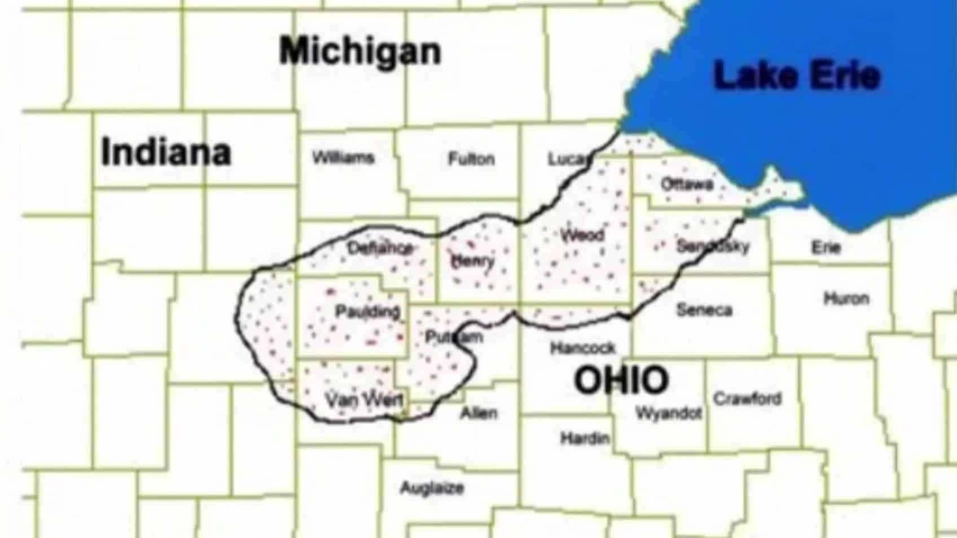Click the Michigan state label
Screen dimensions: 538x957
pyautogui.click(x=360, y=51)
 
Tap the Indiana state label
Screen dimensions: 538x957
pyautogui.click(x=166, y=152)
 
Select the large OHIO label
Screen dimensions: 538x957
pyautogui.click(x=621, y=380)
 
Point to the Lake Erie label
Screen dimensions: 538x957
pyautogui.click(x=797, y=76)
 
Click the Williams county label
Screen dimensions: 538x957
pyautogui.click(x=343, y=157)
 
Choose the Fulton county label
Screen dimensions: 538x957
pyautogui.click(x=471, y=159)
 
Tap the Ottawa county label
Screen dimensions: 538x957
pyautogui.click(x=687, y=184)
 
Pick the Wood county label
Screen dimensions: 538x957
pyautogui.click(x=582, y=235)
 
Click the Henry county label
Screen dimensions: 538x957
pyautogui.click(x=472, y=261)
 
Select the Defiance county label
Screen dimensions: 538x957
pyautogui.click(x=380, y=248)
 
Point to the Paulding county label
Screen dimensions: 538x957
pyautogui.click(x=367, y=311)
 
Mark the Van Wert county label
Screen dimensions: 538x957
pyautogui.click(x=365, y=400)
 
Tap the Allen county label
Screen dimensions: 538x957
pyautogui.click(x=479, y=413)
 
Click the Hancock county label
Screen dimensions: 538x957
pyautogui.click(x=582, y=348)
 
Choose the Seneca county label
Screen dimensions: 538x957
pyautogui.click(x=704, y=310)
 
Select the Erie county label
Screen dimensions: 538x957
pyautogui.click(x=826, y=247)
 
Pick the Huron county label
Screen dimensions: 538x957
pyautogui.click(x=846, y=298)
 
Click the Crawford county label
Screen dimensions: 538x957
pyautogui.click(x=747, y=399)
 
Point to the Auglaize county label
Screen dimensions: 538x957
pyautogui.click(x=432, y=488)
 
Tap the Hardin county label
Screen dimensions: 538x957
pyautogui.click(x=585, y=438)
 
